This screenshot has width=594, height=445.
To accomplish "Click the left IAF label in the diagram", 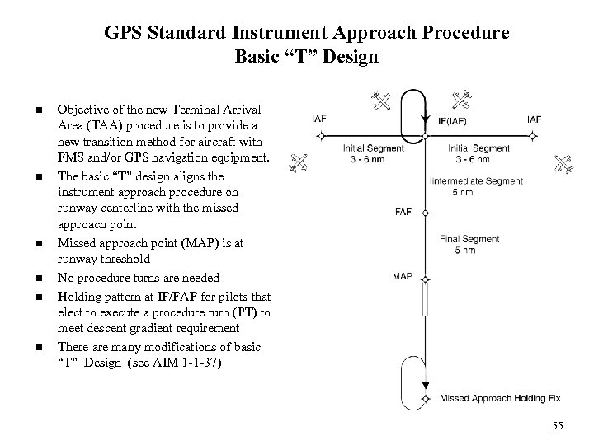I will (x=318, y=119).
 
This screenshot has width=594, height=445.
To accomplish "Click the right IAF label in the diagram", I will (x=534, y=119).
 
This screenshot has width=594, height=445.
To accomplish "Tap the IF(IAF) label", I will (x=455, y=120).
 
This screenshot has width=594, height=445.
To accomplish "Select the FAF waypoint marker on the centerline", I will (x=425, y=213).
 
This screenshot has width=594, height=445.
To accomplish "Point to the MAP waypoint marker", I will (x=425, y=279).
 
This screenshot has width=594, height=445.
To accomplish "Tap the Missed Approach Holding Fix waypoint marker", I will (x=425, y=399).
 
